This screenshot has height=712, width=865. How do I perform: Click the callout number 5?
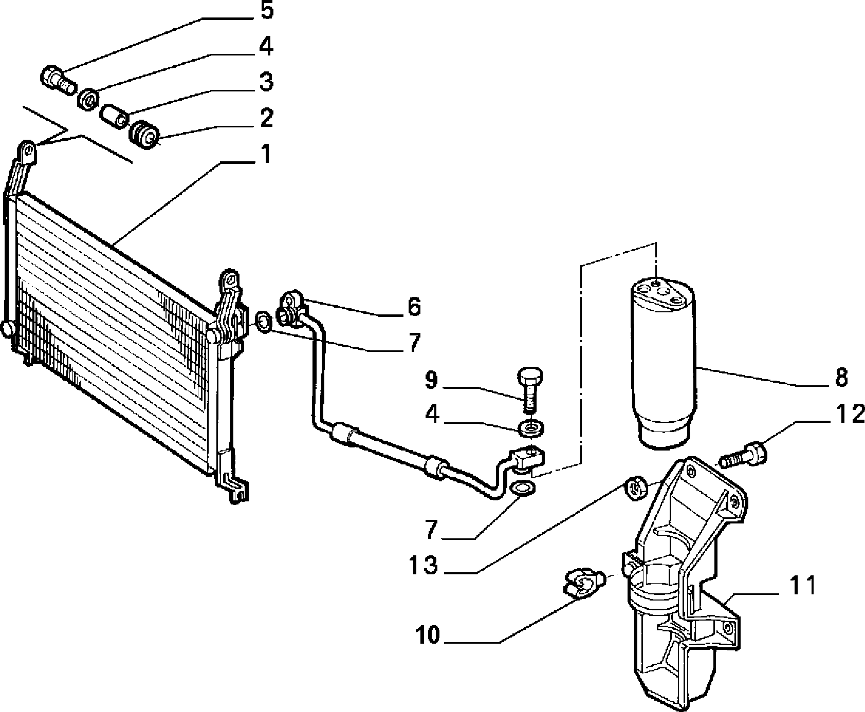coord(266,10)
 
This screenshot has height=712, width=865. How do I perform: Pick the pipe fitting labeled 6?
coord(292,308)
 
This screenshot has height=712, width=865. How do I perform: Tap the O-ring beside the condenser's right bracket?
coord(263,322)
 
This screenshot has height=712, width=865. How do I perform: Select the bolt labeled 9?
coord(529,388)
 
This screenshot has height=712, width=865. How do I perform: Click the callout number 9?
coord(431,380)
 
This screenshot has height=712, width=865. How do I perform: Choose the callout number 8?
coord(841,378)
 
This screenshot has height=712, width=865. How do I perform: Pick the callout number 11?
coord(800,586)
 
